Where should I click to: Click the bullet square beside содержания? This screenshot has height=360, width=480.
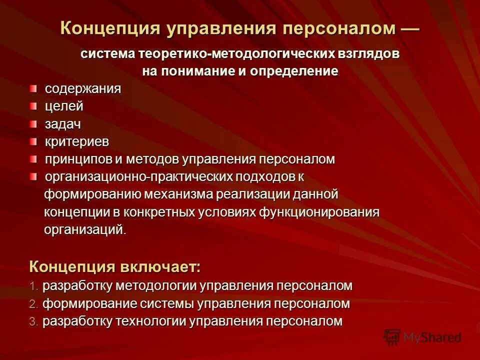click(33, 88)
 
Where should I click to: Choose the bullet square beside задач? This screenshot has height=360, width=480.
click(33, 123)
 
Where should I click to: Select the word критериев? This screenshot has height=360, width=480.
click(77, 141)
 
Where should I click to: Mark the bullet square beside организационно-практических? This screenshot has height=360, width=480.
click(33, 176)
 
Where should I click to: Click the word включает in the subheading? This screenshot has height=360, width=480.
click(160, 266)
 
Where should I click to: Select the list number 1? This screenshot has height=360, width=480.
click(33, 286)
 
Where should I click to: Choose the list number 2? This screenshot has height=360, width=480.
click(33, 304)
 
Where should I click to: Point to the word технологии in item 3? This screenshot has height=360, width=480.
click(151, 321)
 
